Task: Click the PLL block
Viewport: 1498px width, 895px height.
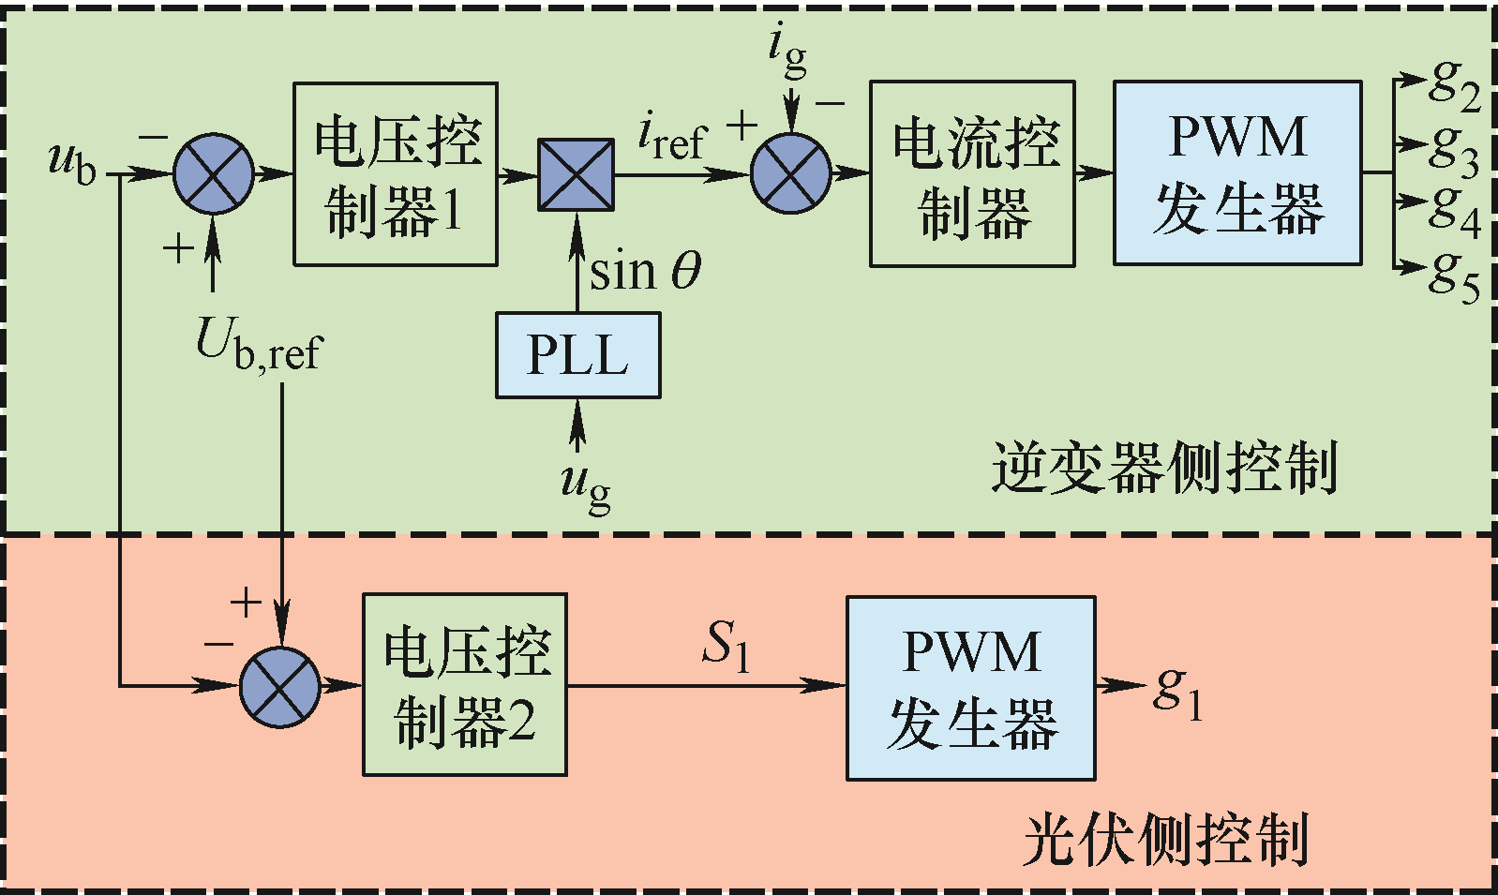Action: point(577,355)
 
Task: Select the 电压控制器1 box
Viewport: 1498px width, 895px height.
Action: point(396,173)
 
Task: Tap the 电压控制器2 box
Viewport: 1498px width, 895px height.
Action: point(465,684)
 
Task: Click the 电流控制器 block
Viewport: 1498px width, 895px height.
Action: point(972,173)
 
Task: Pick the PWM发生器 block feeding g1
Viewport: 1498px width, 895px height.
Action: point(971,688)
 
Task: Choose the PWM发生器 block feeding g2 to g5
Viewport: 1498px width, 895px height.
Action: point(1237,172)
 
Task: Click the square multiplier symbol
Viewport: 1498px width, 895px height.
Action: point(577,174)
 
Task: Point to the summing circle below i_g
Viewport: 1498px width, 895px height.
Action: point(791,173)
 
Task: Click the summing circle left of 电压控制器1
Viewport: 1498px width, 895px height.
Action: point(214,173)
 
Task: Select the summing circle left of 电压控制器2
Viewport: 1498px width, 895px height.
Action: point(280,686)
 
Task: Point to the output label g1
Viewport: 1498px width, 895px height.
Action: point(1178,695)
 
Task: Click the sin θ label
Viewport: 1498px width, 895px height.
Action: point(645,271)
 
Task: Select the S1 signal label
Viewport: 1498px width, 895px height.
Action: point(727,645)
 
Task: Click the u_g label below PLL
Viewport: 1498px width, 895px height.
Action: point(586,488)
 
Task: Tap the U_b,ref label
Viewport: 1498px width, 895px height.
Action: point(260,344)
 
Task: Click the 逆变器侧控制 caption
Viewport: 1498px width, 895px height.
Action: point(1164,468)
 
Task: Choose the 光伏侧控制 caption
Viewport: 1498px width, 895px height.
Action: point(1165,840)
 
